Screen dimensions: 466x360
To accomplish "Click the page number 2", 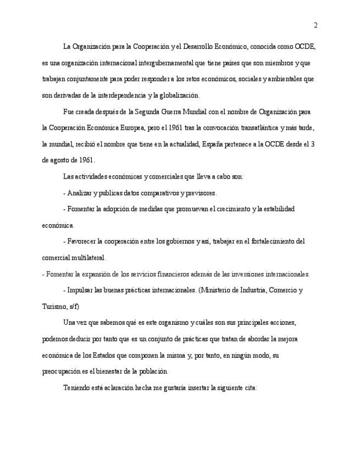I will [315, 25].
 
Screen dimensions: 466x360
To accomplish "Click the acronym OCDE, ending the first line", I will [305, 46].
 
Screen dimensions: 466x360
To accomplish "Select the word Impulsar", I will [81, 290].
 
